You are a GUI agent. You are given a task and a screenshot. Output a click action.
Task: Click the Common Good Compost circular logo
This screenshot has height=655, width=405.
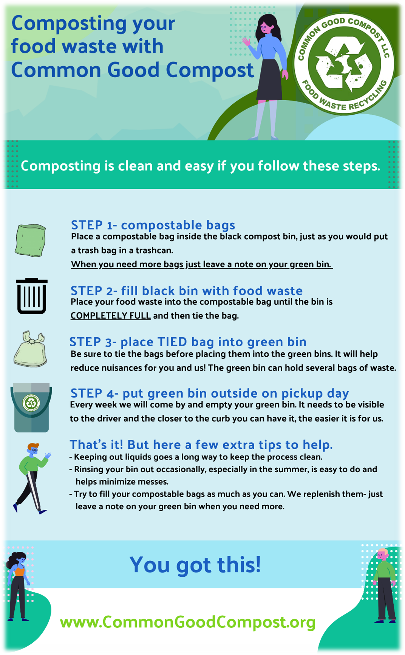(344, 64)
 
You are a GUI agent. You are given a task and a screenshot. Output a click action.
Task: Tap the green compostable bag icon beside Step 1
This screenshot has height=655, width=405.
(31, 240)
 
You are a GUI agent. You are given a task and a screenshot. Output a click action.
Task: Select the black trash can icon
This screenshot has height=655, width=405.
(32, 296)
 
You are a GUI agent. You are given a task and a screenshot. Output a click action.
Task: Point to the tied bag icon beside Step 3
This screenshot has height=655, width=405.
(31, 349)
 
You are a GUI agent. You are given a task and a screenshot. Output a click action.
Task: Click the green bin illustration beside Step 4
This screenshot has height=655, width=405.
(31, 407)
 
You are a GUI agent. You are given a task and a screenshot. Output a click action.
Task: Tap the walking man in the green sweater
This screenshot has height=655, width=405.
(32, 478)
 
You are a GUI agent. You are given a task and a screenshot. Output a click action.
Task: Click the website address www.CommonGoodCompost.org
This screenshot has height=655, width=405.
(188, 622)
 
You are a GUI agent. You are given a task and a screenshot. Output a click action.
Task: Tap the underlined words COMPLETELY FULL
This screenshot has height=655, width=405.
(111, 316)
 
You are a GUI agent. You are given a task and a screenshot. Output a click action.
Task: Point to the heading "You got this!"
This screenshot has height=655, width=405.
(195, 565)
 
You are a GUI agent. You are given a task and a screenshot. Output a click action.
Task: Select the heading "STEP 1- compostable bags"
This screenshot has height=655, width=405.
(153, 225)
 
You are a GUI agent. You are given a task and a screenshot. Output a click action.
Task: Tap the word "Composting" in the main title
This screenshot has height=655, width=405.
(70, 23)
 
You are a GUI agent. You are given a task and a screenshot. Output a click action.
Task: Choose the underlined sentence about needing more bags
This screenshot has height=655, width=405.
(202, 264)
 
